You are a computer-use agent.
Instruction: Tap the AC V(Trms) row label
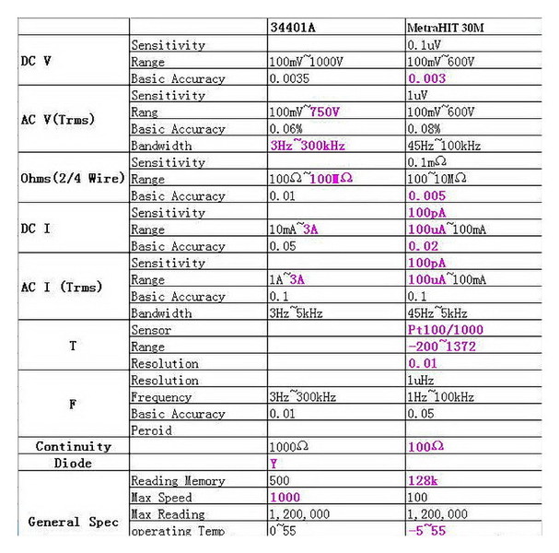(58, 120)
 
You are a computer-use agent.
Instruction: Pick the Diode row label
(73, 464)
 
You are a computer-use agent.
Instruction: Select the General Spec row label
(73, 522)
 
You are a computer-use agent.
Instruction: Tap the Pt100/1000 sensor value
(446, 330)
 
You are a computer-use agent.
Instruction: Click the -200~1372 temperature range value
(444, 347)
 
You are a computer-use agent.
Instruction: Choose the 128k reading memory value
(423, 480)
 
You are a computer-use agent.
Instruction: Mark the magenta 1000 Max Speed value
(286, 497)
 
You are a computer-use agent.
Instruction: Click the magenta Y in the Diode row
(274, 464)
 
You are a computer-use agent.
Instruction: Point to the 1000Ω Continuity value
(290, 446)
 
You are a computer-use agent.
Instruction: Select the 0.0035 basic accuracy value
(291, 78)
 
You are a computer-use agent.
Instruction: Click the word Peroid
(152, 430)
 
